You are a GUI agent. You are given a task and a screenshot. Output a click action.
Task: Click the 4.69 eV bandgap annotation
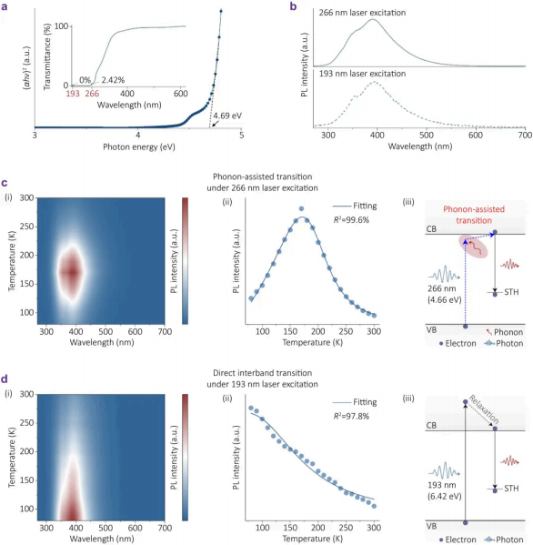pos(227,116)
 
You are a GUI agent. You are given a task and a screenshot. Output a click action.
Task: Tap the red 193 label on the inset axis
pos(73,94)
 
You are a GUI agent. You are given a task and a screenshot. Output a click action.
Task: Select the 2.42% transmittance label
pos(113,80)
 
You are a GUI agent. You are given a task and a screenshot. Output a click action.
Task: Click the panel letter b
pos(293,6)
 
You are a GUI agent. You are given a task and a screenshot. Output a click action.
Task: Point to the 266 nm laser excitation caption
pos(362,13)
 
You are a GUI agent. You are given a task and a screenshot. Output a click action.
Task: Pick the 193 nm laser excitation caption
pos(362,74)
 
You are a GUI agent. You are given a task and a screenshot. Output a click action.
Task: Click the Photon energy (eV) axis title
pos(139,147)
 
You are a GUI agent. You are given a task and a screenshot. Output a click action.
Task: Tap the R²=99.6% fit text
pos(351,219)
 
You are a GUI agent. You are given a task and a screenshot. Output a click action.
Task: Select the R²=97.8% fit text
pos(351,416)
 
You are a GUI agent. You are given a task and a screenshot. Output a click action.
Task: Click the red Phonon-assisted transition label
pos(474,215)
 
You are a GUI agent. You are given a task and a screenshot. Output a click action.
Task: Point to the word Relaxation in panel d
pos(484,409)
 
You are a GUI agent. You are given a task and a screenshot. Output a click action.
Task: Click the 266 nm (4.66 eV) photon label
pos(445,294)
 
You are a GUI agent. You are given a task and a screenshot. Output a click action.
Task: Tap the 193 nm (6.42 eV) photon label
pos(445,490)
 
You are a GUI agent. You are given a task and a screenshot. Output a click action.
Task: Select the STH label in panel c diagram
pos(511,292)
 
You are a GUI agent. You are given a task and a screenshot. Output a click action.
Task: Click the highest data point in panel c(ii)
pos(301,209)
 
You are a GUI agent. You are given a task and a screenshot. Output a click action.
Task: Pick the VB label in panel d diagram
pos(431,526)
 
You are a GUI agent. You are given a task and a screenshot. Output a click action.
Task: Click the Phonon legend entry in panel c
pos(504,332)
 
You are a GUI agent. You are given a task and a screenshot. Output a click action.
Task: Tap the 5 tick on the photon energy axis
pos(241,135)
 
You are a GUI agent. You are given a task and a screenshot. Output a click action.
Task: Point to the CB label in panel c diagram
pos(431,229)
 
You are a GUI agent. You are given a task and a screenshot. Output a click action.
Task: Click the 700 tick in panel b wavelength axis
pos(525,135)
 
